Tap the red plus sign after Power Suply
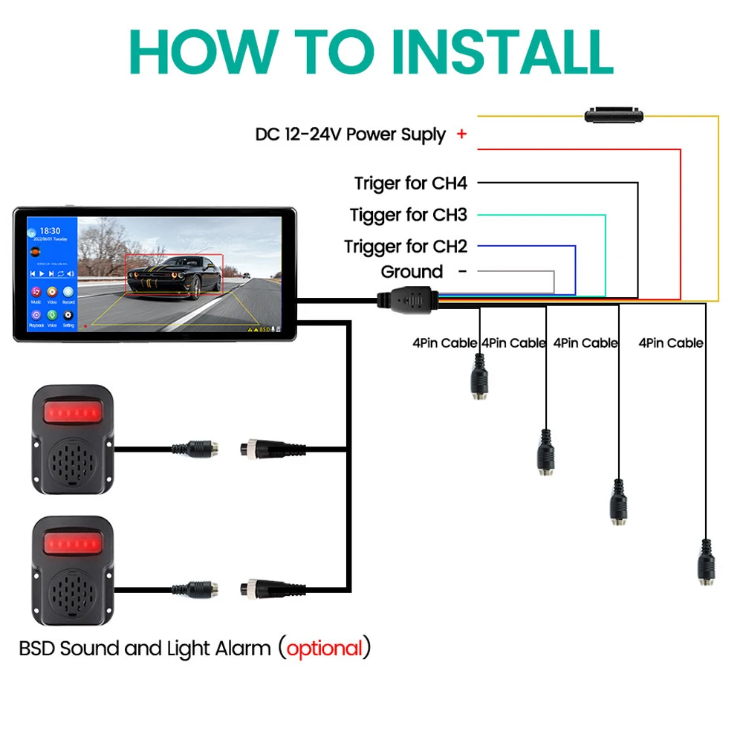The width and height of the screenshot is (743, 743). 462,134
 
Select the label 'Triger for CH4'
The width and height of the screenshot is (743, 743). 410,183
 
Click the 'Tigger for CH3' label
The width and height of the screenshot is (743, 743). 409,215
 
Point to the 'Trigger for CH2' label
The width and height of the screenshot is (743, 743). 406,246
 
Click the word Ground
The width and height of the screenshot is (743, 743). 412,272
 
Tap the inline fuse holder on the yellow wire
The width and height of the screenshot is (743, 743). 614,115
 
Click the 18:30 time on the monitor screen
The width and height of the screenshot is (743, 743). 50,232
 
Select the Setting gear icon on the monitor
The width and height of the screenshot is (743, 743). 68,316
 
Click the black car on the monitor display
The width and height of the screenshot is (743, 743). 173,274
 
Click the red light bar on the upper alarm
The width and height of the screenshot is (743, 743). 71,411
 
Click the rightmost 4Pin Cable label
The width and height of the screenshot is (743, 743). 670,343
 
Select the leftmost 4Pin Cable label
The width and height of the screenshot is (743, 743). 445,343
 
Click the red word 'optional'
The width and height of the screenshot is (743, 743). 325,649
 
